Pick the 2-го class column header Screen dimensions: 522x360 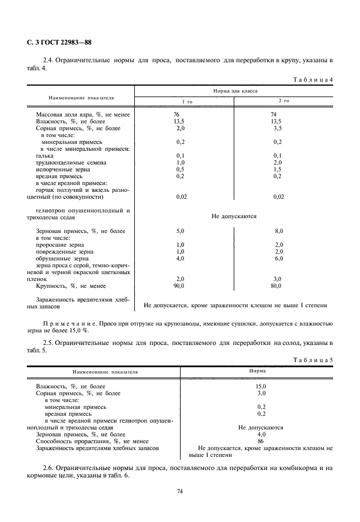(283, 101)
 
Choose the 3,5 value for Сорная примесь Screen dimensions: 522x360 (279, 129)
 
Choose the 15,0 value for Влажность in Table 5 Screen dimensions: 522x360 (262, 386)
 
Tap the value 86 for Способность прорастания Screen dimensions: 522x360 (261, 441)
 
